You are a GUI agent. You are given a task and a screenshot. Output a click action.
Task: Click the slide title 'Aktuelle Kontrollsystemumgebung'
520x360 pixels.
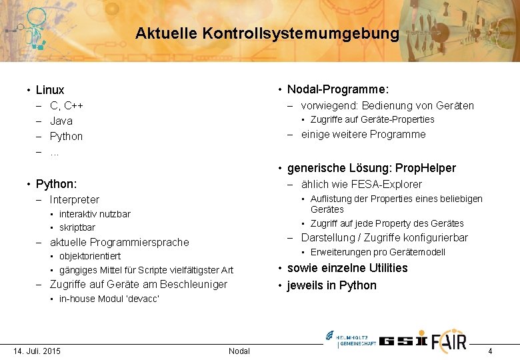coord(267,33)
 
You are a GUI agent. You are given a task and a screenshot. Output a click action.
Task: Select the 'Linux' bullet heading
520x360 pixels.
coord(50,90)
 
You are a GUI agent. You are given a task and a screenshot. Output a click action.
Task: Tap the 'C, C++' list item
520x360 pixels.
coord(67,105)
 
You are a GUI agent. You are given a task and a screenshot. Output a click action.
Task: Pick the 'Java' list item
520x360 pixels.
coord(61,121)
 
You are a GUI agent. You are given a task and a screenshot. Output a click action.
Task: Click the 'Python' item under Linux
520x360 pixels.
coord(67,136)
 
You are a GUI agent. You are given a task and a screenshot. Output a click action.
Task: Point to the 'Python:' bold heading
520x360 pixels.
coord(56,183)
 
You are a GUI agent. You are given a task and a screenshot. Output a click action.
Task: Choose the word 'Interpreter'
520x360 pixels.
coord(75,199)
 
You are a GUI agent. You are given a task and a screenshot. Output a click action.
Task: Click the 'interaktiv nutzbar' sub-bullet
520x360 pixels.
coord(95,214)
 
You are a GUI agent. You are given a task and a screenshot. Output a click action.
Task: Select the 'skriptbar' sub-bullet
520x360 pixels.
coord(77,227)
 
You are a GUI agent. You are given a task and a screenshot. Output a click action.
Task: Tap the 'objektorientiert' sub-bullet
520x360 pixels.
coord(90,256)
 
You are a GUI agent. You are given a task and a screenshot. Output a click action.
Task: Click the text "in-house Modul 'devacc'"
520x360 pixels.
coord(109,299)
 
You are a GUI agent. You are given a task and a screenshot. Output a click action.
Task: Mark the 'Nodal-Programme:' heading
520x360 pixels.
coord(338,89)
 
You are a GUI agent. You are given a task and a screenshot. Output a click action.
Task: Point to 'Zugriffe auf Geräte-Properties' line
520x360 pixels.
coord(372,119)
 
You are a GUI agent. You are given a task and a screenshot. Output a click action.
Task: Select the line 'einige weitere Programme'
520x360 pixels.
coord(363,134)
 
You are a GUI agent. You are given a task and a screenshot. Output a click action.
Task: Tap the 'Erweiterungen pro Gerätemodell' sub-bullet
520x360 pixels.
coord(377,252)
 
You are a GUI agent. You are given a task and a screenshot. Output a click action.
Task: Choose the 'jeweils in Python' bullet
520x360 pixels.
coord(331,285)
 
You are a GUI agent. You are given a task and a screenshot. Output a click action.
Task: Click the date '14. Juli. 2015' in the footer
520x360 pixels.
coord(37,351)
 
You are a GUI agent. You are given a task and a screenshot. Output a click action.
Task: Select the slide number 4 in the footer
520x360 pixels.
coord(490,351)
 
